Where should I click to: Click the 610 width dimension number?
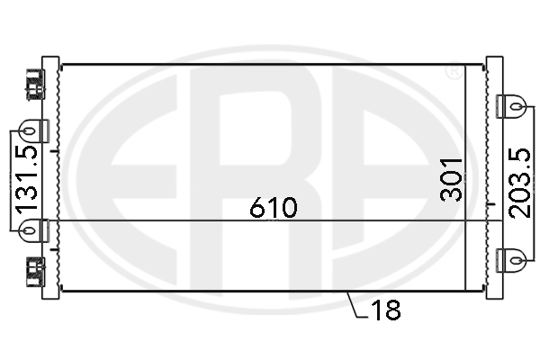click(x=273, y=208)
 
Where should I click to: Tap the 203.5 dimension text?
click(x=518, y=181)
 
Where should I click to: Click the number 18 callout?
click(x=384, y=311)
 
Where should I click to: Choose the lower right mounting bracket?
click(x=512, y=259)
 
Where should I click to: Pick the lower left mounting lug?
click(x=29, y=231)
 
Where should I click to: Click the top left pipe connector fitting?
click(x=35, y=82)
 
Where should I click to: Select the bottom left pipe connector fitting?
click(x=35, y=269)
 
